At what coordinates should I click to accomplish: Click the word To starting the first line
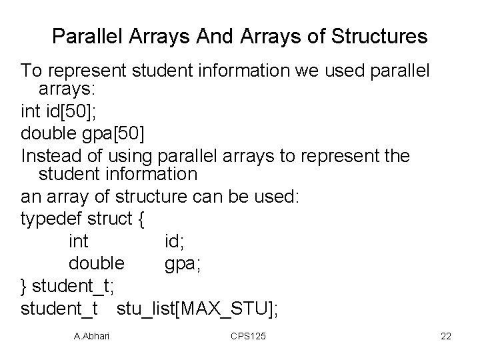pyautogui.click(x=31, y=70)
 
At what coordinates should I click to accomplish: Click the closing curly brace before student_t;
pyautogui.click(x=25, y=287)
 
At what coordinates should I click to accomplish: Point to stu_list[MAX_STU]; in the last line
pyautogui.click(x=198, y=308)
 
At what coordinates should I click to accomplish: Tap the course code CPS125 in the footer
pyautogui.click(x=247, y=337)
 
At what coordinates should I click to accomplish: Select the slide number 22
pyautogui.click(x=446, y=337)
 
